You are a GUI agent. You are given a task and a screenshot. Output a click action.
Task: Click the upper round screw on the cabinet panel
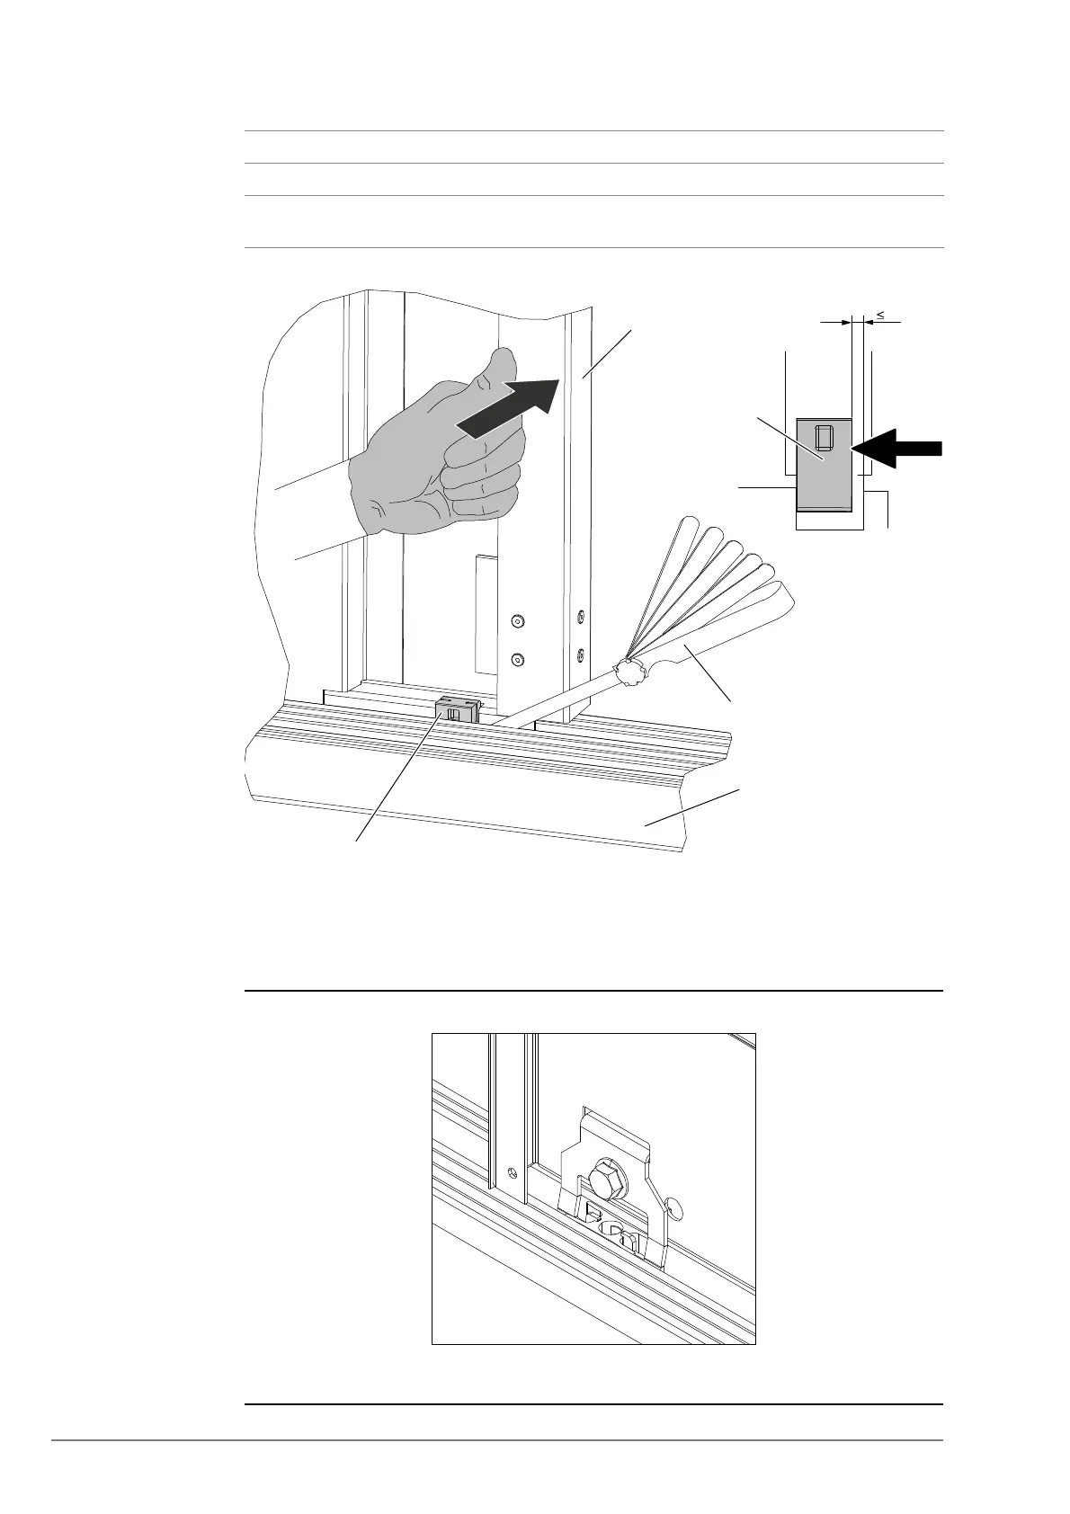pyautogui.click(x=517, y=621)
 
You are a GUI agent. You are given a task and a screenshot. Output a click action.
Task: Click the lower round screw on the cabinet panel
pyautogui.click(x=517, y=660)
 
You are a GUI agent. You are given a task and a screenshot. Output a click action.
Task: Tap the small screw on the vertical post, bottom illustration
pyautogui.click(x=512, y=1172)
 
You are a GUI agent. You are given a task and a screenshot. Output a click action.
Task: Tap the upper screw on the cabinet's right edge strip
pyautogui.click(x=580, y=616)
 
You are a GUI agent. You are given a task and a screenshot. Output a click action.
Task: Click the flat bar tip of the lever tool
pyautogui.click(x=513, y=718)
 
